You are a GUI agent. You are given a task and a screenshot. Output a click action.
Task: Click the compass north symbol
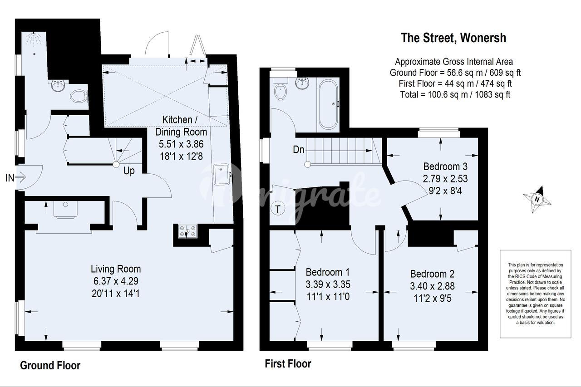click(537, 200)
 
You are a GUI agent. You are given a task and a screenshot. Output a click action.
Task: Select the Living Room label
click(116, 269)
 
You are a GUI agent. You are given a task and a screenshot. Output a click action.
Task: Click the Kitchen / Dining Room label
click(181, 126)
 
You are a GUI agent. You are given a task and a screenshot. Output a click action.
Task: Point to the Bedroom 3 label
click(445, 167)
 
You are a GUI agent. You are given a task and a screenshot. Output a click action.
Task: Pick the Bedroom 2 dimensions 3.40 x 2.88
click(433, 286)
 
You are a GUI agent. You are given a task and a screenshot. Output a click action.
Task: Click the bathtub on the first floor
click(328, 104)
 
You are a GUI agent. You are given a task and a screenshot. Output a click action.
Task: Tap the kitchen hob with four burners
click(187, 231)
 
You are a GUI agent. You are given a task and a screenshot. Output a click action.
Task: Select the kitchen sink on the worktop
click(222, 174)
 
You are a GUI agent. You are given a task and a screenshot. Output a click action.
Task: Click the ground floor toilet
click(79, 97)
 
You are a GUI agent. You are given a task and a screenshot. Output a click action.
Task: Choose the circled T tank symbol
click(278, 208)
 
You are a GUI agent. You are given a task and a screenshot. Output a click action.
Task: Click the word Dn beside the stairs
click(298, 150)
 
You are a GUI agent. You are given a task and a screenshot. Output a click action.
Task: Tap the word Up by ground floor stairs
click(129, 171)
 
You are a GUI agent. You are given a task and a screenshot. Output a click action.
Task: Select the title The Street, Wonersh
click(453, 38)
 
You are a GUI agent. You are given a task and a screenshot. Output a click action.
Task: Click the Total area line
click(455, 94)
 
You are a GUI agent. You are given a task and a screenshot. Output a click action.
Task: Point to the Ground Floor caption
click(50, 365)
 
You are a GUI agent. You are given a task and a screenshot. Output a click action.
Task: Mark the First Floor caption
click(288, 364)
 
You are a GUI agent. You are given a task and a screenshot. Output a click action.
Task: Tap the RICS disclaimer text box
click(536, 294)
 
